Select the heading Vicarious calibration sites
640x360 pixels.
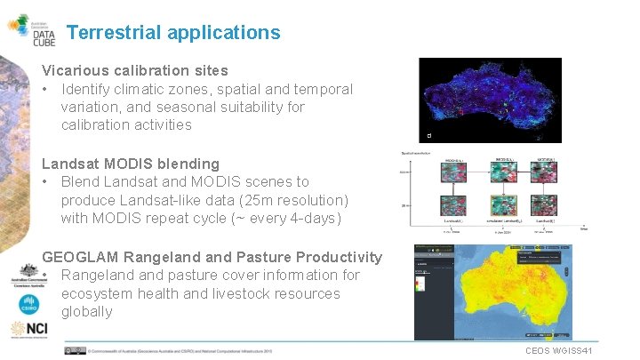click(135, 70)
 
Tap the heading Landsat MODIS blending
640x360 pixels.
click(131, 164)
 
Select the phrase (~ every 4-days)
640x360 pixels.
click(290, 218)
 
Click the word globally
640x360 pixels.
click(86, 311)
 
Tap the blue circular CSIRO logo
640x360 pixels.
click(28, 304)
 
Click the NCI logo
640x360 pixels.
click(28, 329)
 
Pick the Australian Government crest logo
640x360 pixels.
click(28, 276)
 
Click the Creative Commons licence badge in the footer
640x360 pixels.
click(75, 350)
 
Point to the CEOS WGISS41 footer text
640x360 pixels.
click(559, 351)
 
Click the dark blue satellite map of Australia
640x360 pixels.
click(491, 100)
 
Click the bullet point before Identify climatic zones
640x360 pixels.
click(46, 90)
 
